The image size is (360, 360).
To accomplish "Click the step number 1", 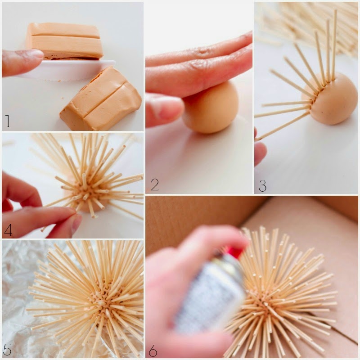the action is coord(8,121).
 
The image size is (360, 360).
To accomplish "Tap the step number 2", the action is coord(155,184).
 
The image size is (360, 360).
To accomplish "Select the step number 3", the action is coord(262,185).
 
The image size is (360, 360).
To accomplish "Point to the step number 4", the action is coord(8,230).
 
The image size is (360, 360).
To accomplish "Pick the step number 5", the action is coord(7,349).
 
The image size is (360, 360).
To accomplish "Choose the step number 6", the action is coord(153,351).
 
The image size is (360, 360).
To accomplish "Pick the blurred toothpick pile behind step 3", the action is coord(308,25).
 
